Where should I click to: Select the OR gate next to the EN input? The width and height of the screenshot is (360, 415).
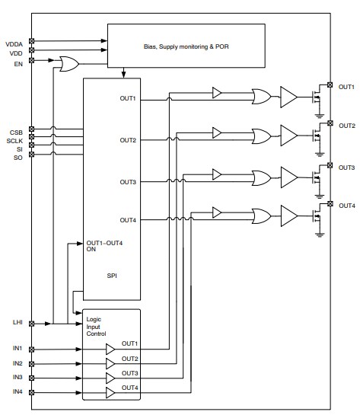coord(67,65)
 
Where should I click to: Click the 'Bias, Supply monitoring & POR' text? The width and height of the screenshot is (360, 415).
coord(186,46)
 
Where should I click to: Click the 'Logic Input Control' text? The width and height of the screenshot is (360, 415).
coord(96,327)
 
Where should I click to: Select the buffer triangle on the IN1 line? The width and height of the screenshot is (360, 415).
coord(111,349)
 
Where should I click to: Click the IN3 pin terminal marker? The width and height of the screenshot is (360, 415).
coord(31,378)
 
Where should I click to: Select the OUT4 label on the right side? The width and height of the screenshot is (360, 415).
coord(346,206)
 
